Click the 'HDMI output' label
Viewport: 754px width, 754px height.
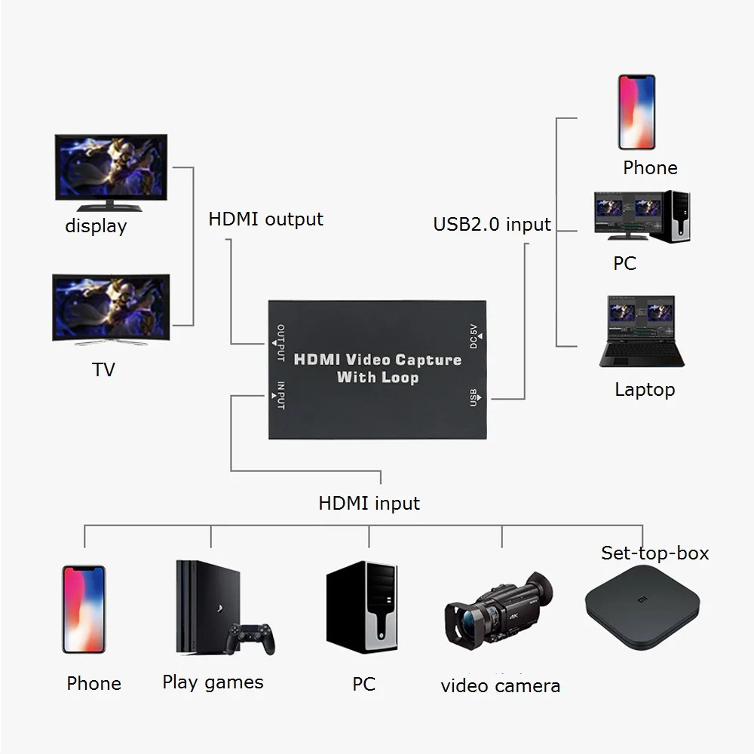click(x=265, y=219)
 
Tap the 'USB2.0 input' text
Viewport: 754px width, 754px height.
click(x=492, y=224)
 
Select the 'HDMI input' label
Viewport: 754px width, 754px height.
click(x=369, y=503)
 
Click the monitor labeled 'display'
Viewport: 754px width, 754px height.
click(x=111, y=168)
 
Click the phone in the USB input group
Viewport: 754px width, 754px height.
click(x=637, y=112)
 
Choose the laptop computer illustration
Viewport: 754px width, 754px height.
click(x=642, y=332)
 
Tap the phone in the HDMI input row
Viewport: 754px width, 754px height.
click(x=84, y=609)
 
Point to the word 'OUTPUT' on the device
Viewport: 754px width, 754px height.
click(x=280, y=342)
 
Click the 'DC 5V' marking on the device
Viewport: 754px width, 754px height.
click(x=474, y=335)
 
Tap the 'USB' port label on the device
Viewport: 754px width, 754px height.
click(x=474, y=397)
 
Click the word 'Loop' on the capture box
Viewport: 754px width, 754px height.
click(x=399, y=377)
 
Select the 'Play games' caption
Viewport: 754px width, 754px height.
click(x=213, y=682)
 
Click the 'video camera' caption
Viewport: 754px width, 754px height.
click(x=500, y=685)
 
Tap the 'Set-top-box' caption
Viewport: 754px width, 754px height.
click(x=654, y=553)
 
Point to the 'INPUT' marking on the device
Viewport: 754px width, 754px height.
click(x=280, y=395)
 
